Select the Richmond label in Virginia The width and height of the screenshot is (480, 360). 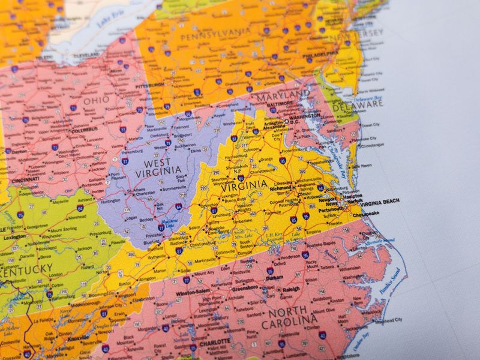[281, 188]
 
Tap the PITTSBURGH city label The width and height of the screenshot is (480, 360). [149, 86]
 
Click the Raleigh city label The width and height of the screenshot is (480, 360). [291, 289]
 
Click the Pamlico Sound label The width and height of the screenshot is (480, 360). [393, 287]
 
